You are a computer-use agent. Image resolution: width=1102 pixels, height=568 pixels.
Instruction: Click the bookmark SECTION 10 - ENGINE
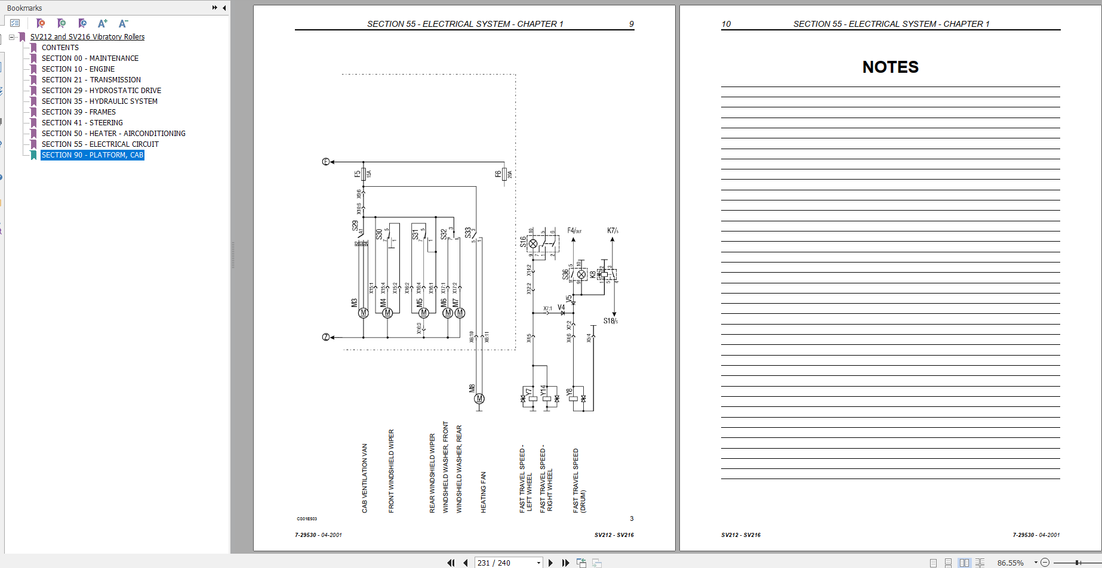coord(78,69)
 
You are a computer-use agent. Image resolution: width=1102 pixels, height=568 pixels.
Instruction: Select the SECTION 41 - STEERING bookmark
coord(82,123)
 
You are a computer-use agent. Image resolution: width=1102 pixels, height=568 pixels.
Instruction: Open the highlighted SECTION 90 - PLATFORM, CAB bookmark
coord(92,155)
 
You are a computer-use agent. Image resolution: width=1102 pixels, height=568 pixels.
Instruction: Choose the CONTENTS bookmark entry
coord(60,48)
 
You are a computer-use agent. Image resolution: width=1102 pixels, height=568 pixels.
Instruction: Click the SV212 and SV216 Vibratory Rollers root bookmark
coord(87,37)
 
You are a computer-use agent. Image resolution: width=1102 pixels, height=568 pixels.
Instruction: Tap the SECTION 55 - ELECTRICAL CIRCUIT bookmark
coord(100,144)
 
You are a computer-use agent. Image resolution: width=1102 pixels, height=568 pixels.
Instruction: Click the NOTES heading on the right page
coord(890,67)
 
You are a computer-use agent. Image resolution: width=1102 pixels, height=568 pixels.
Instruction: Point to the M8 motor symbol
coord(479,399)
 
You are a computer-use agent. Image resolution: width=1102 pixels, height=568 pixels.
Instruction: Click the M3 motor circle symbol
coord(363,313)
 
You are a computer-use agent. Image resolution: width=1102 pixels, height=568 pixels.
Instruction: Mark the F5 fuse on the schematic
coord(363,174)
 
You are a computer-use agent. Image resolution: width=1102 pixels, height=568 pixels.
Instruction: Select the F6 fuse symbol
coord(504,174)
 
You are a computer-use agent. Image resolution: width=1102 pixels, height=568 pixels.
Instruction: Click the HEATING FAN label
coord(484,492)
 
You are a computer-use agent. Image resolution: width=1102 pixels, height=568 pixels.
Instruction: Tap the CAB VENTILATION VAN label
coord(365,478)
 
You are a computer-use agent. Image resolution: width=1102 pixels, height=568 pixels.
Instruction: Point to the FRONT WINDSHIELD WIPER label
coord(392,471)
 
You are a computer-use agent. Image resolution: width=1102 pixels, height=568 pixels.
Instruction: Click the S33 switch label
coord(468,232)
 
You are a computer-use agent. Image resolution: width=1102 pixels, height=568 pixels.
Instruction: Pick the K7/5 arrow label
coord(612,230)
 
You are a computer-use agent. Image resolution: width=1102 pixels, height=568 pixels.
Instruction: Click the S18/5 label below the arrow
coord(610,321)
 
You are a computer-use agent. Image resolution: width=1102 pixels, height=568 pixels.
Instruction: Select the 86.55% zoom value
coord(1010,563)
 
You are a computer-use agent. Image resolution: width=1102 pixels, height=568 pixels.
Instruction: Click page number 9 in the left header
coord(631,24)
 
